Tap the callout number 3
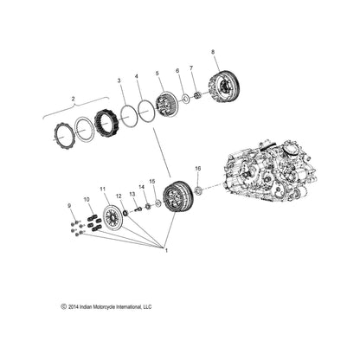(x=120, y=80)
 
